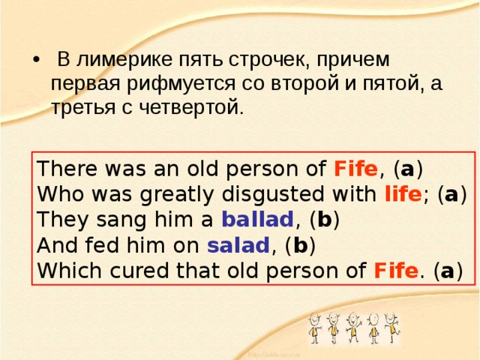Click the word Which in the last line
tap(64, 270)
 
